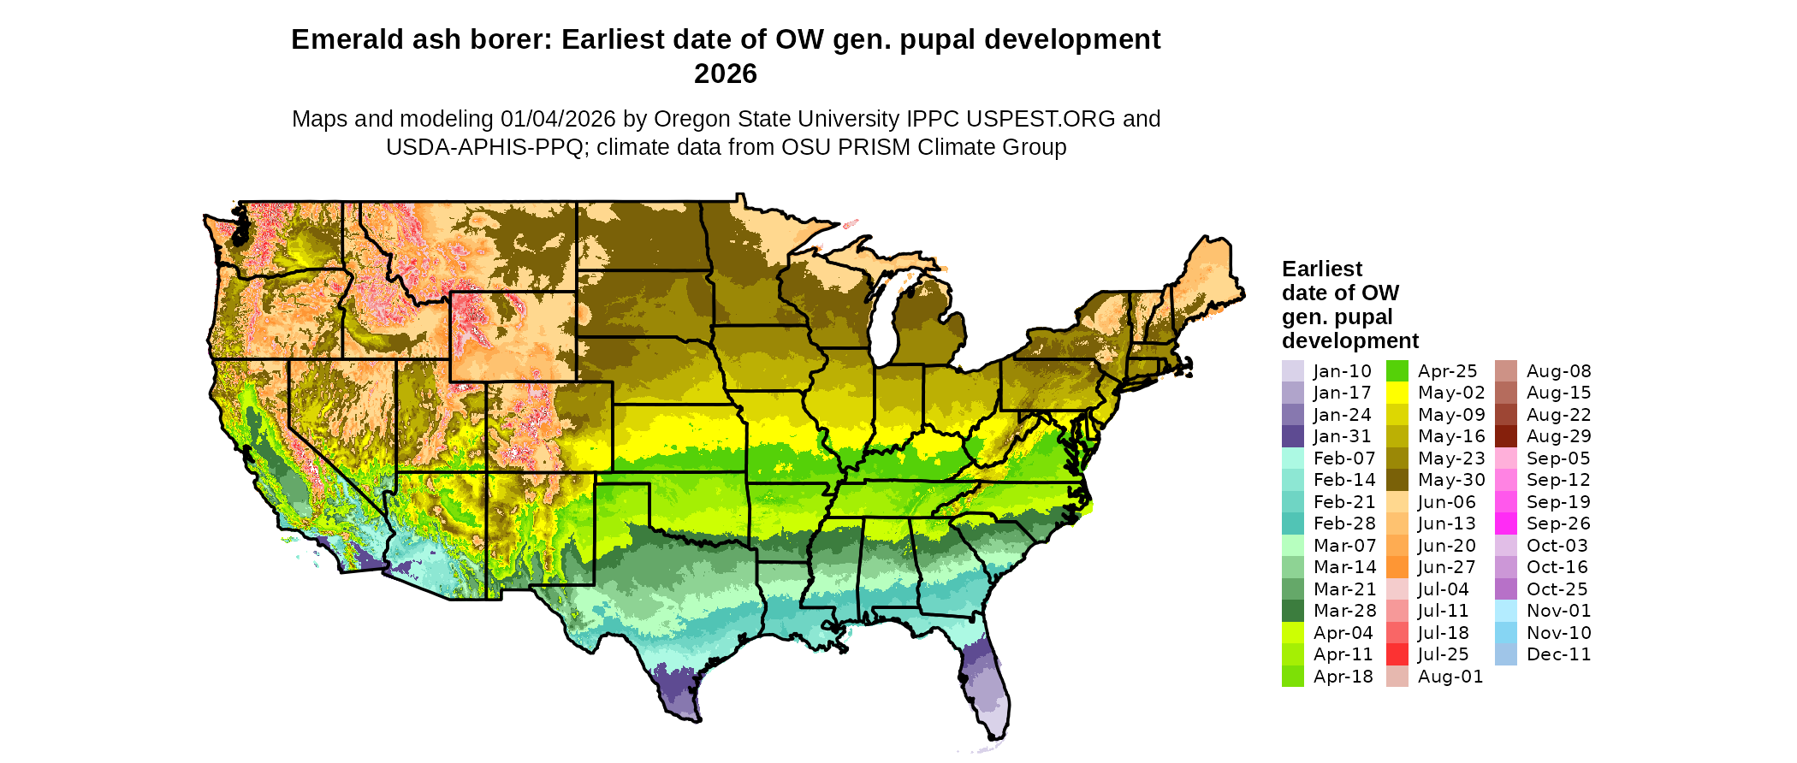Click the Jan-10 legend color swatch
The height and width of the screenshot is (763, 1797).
[1292, 371]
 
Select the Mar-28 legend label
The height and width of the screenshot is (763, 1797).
[1344, 611]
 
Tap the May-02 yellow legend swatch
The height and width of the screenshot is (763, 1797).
[1397, 393]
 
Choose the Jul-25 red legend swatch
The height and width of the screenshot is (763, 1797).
[1397, 654]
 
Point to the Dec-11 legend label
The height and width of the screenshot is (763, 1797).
[1558, 654]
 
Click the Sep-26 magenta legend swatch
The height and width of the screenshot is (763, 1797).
[1505, 523]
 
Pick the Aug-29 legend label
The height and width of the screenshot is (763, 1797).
[1558, 436]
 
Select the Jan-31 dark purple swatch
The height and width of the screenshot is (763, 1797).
[1292, 436]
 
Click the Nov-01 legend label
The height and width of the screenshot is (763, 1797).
[1558, 611]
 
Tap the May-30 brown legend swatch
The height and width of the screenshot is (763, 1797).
[1397, 480]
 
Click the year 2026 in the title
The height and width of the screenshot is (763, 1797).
[726, 74]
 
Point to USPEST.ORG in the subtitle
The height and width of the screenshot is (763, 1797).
[1041, 119]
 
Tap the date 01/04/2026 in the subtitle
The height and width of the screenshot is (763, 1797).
[558, 119]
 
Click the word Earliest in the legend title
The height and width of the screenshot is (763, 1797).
[1321, 269]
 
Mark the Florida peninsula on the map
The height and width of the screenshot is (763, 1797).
[988, 684]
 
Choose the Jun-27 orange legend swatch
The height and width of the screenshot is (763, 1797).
[1397, 567]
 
